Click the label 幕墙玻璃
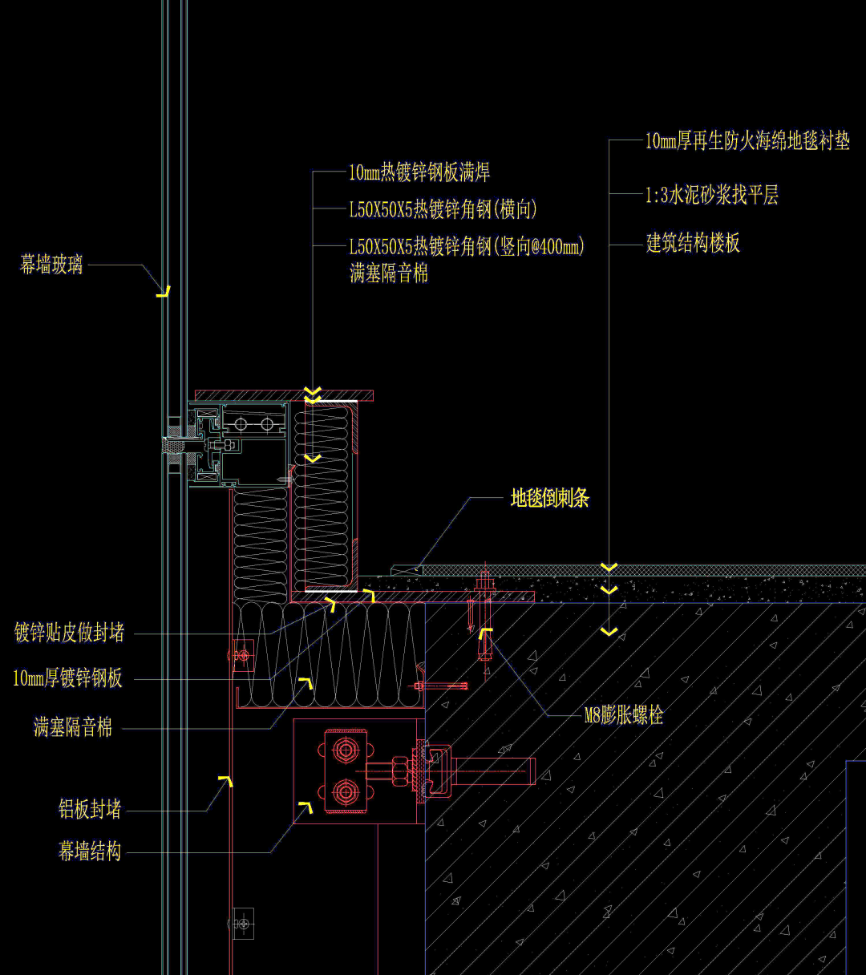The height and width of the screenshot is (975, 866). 51,265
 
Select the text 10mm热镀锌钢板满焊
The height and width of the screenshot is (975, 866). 419,172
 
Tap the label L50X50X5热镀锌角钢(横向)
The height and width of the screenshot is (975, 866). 443,210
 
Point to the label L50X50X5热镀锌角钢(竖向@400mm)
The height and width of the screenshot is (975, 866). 467,246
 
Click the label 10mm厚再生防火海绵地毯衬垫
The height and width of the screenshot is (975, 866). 747,141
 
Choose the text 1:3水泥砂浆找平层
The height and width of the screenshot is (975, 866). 712,195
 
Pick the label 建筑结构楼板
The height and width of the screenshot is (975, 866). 693,243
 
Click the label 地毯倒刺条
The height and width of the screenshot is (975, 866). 550,499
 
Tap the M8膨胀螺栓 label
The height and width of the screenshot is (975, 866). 624,715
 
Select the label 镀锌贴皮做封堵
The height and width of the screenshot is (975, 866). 70,633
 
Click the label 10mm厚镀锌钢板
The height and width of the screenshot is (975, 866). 68,678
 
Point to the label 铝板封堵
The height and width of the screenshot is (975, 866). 90,809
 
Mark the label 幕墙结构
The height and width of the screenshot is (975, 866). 90,852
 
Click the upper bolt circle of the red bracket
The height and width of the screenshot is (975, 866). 346,750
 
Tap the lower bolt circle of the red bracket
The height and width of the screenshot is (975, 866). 346,792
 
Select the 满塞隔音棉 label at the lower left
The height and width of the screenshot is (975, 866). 73,727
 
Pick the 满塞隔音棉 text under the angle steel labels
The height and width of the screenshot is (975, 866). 389,273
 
